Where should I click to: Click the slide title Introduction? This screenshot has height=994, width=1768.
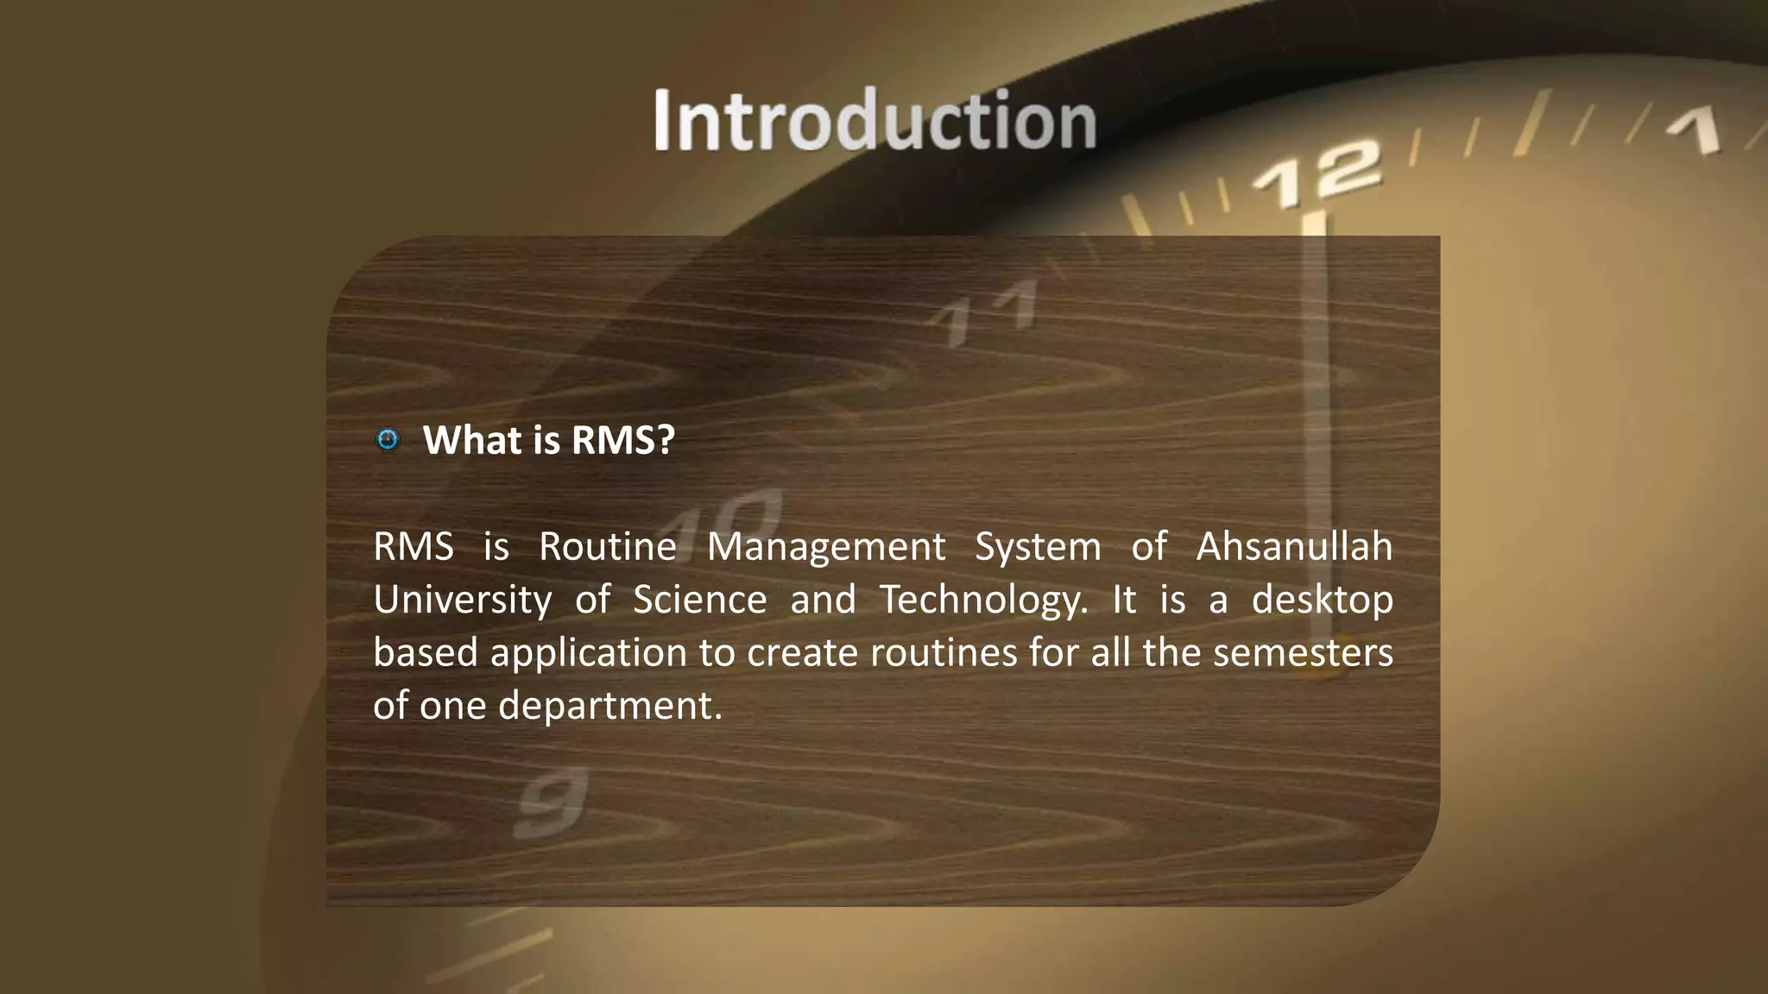[874, 121]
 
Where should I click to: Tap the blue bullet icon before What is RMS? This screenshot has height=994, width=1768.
[388, 440]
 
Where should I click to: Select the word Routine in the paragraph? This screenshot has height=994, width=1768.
[608, 547]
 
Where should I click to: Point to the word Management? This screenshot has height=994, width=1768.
[826, 547]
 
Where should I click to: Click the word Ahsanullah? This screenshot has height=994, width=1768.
[1294, 547]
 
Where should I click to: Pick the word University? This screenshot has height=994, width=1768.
[462, 600]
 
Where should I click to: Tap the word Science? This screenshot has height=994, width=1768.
[699, 600]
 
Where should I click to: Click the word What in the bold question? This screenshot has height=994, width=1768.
[472, 440]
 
